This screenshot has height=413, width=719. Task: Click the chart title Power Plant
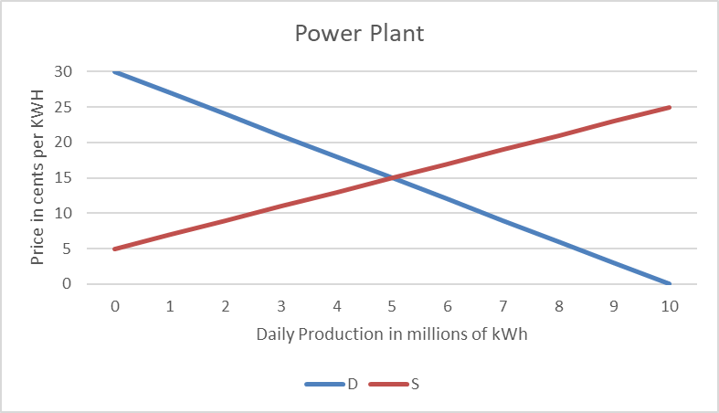[x=359, y=35]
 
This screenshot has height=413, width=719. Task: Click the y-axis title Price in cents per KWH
[x=37, y=177]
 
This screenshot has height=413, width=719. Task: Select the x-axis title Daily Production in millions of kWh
[x=392, y=334]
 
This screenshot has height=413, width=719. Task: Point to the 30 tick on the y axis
[x=65, y=71]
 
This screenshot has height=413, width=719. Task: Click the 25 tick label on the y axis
[x=65, y=107]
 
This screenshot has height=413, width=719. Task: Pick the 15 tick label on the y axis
[x=65, y=177]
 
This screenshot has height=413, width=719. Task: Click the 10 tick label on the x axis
[x=670, y=306]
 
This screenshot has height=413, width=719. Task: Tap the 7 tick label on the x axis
[x=503, y=306]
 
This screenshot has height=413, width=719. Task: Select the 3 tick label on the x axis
[x=280, y=306]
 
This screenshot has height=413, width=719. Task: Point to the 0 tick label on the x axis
[x=114, y=306]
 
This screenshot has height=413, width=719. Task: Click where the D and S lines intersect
[x=392, y=177]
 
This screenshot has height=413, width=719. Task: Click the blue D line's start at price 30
[x=115, y=71]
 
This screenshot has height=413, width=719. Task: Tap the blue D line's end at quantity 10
[x=670, y=283]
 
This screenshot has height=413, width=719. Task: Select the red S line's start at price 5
[x=115, y=249]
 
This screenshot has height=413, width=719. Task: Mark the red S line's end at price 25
[x=670, y=107]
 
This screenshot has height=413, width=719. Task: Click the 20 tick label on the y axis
[x=65, y=142]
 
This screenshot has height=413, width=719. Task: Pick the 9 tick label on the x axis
[x=614, y=306]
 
